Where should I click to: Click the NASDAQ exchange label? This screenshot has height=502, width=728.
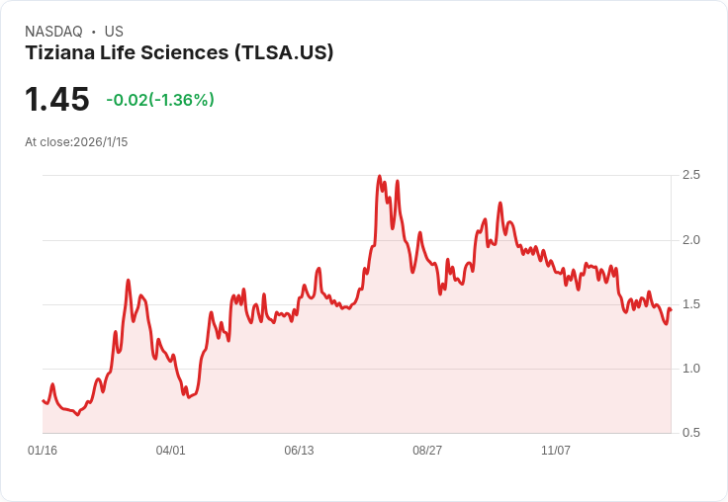[53, 32]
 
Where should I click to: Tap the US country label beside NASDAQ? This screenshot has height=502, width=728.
[114, 32]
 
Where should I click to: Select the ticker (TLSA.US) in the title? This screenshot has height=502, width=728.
[283, 53]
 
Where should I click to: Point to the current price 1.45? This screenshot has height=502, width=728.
[57, 100]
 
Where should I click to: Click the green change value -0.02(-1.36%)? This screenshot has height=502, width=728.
[160, 100]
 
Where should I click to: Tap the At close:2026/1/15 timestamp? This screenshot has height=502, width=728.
[76, 142]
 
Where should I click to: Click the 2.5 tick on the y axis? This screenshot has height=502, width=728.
[691, 175]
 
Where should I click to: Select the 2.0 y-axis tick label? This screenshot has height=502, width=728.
[691, 240]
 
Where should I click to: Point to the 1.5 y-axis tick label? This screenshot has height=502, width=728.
[691, 304]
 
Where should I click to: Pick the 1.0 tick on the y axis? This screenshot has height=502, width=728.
[691, 369]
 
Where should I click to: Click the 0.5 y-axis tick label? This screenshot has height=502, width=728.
[691, 433]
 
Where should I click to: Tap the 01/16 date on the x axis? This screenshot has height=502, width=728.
[43, 451]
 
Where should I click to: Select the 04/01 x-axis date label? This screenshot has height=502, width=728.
[171, 451]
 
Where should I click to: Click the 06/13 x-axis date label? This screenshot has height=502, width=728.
[299, 451]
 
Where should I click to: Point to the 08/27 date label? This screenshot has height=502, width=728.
[427, 451]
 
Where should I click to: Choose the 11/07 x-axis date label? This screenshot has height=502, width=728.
[556, 451]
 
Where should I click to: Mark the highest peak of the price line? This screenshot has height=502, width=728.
[380, 177]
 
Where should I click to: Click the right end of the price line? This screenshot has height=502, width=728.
[670, 310]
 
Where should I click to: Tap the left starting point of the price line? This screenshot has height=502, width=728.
[43, 400]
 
